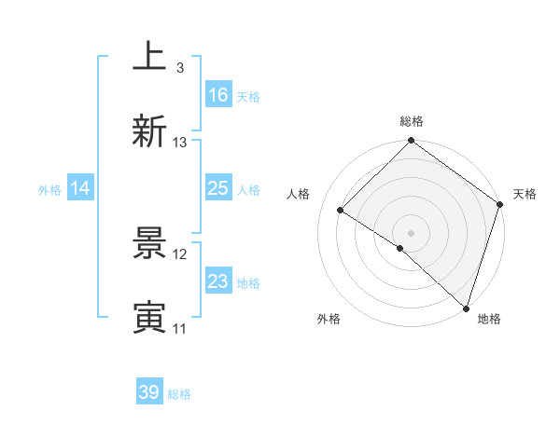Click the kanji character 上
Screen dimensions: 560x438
(149, 57)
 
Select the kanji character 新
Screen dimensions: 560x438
(149, 131)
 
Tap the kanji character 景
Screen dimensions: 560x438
(149, 243)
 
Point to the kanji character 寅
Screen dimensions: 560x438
(149, 318)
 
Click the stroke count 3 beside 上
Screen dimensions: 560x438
(179, 68)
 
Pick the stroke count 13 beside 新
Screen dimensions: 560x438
(180, 143)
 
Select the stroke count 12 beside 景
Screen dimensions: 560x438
(180, 254)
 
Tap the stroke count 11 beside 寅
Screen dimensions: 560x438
(180, 329)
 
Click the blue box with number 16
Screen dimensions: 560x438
(218, 94)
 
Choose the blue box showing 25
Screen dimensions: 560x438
(218, 188)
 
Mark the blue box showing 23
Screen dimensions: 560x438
(218, 281)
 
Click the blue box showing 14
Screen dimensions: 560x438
(80, 188)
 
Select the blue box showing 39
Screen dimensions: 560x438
(149, 392)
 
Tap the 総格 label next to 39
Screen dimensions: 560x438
(180, 394)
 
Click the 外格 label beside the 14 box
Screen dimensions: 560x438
(49, 189)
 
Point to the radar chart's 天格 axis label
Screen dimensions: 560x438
(525, 194)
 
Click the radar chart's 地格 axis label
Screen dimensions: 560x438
(489, 319)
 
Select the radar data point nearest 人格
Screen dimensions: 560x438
(341, 211)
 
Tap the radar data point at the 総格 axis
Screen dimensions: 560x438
(411, 142)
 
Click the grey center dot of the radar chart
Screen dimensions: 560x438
(411, 232)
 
